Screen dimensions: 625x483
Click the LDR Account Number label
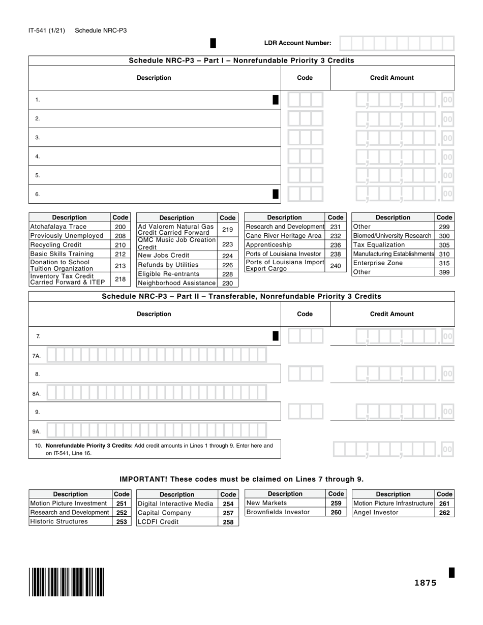297,43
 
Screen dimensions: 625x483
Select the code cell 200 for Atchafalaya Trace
120,227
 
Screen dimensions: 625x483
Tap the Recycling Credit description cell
69,245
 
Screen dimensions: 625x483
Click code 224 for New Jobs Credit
227,256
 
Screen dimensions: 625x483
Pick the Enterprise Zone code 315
444,263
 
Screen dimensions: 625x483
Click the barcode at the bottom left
67,582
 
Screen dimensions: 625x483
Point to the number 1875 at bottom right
425,583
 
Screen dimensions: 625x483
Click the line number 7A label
37,356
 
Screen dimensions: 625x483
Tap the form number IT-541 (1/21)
47,30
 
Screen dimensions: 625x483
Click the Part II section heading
242,296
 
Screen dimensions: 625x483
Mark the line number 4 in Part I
38,157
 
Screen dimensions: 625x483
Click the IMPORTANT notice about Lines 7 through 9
242,479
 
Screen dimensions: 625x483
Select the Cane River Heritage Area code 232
335,236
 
